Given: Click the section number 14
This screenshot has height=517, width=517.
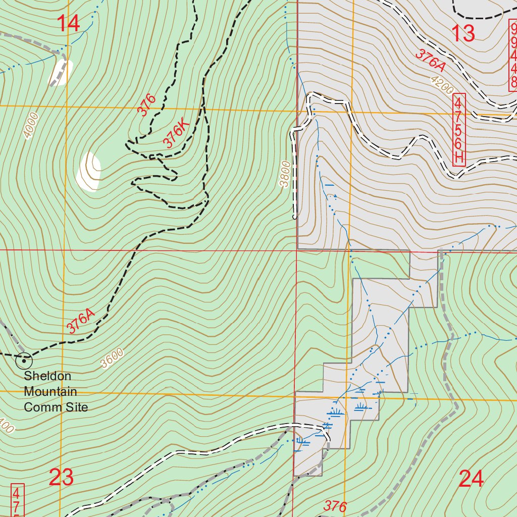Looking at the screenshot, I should coord(68,23).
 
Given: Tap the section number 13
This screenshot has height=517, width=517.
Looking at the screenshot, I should coord(462,33).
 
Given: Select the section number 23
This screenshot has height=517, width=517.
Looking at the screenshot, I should coord(61,477).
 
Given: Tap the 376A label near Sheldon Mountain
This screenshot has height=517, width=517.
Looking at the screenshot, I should coord(80,321).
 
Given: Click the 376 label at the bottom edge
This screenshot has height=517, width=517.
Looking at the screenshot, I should coord(335,506).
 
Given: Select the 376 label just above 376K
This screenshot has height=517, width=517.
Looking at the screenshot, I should coord(147,105).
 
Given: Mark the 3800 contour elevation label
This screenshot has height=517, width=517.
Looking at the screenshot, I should coord(286,174).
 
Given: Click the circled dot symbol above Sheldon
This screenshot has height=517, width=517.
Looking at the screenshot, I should coord(24,360).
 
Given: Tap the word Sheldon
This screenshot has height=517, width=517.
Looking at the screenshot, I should coord(47,376).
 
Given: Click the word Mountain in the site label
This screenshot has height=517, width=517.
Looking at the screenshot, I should coord(50,391).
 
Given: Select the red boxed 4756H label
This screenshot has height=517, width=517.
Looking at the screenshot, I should coord(458,130).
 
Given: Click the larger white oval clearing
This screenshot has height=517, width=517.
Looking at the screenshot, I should coord(89,172).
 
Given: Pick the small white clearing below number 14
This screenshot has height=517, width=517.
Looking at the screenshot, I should coord(60,73).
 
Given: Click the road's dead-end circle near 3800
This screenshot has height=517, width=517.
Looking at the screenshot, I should coord(294,217).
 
